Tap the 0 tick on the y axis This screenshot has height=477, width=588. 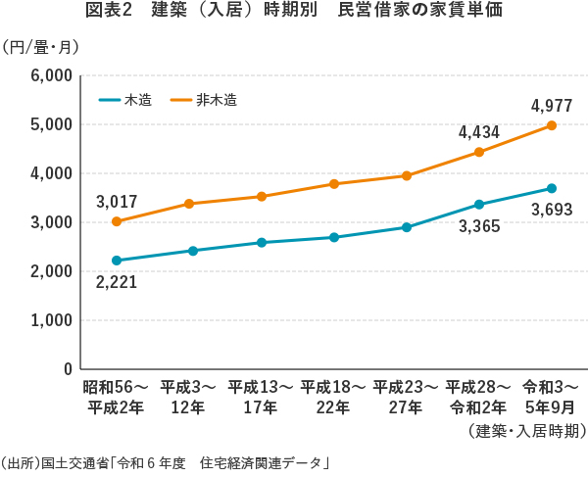coord(67,369)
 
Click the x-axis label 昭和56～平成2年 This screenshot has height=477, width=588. coord(117,397)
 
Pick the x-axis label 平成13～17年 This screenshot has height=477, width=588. coord(262,397)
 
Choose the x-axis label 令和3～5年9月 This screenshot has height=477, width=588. coord(552,397)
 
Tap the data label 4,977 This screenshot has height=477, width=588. coord(551,105)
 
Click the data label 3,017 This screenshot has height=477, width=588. coord(117,203)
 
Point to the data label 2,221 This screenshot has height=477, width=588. coord(117,282)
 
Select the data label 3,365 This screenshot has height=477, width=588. coord(479,226)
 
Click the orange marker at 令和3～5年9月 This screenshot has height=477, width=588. coord(552,125)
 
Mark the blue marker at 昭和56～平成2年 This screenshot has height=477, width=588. coord(117,261)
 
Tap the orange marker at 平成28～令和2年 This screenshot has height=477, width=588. coord(479,152)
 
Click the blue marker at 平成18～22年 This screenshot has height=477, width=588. coord(334,237)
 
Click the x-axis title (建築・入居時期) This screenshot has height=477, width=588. coord(526,431)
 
